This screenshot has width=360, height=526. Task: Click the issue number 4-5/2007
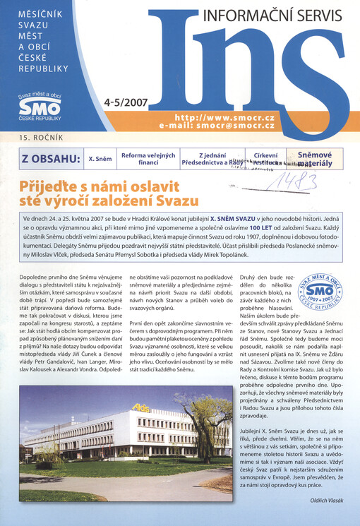pos(125,102)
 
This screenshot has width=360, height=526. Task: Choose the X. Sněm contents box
pos(100,159)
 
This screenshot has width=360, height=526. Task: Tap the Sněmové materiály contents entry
pos(314,158)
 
